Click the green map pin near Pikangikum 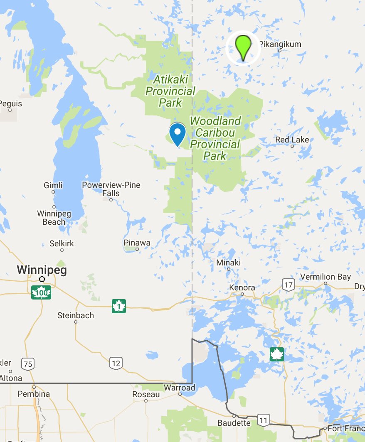point(243,47)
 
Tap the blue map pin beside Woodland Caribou point(178,134)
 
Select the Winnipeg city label point(42,270)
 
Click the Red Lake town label point(292,140)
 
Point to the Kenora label point(242,288)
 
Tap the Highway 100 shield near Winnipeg point(41,292)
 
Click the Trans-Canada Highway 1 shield point(119,306)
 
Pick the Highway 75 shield point(27,364)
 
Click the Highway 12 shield point(116,363)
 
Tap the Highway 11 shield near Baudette point(262,420)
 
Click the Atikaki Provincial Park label point(170,91)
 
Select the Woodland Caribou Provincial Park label point(215,138)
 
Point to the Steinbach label point(76,315)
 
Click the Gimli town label point(53,185)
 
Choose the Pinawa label point(137,243)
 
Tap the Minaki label point(228,263)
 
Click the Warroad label point(179,388)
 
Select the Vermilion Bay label point(326,277)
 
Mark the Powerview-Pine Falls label point(111,189)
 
